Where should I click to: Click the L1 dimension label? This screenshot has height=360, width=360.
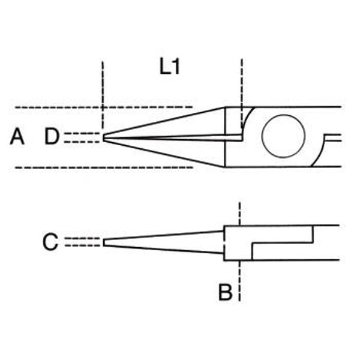[169, 67]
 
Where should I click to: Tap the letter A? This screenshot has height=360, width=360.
[17, 137]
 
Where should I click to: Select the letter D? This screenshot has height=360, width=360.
[52, 136]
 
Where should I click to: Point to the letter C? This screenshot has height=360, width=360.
[50, 242]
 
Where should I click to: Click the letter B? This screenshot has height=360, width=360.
[225, 292]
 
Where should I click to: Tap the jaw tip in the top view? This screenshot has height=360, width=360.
[103, 137]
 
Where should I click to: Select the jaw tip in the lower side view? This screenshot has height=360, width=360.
[104, 242]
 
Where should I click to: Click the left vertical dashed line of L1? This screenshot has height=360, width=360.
[103, 95]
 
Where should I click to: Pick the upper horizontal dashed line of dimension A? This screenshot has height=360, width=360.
[104, 107]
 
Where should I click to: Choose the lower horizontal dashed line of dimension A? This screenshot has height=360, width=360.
[104, 167]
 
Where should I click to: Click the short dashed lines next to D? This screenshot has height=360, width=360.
[82, 137]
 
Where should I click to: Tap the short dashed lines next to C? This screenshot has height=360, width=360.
[82, 242]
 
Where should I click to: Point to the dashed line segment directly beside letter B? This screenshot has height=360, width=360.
[239, 281]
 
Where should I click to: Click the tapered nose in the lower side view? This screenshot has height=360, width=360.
[163, 242]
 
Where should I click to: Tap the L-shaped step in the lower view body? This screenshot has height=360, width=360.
[283, 242]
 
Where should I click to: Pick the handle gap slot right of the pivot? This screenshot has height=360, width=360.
[333, 137]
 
